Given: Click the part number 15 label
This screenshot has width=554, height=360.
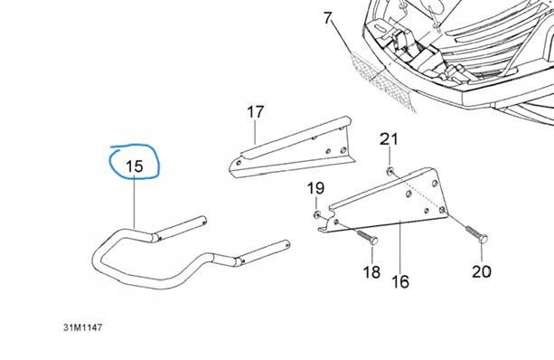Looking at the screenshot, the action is (x=135, y=166).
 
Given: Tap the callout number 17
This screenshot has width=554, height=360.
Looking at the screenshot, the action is (x=256, y=112).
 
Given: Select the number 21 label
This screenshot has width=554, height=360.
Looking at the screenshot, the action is (x=389, y=139).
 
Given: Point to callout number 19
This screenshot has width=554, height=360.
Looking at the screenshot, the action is (x=315, y=188).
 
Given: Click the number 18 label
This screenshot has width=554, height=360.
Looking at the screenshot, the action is (x=371, y=272).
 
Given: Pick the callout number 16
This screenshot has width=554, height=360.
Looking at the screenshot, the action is (x=400, y=282).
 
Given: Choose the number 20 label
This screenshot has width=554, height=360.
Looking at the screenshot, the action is (x=482, y=271).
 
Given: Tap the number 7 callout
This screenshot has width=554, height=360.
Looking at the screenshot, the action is (x=328, y=18).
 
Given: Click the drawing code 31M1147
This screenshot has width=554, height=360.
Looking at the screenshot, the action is (x=82, y=327).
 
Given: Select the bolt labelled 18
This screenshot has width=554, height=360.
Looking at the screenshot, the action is (x=368, y=237).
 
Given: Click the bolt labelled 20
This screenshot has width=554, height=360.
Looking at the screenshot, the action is (x=477, y=233).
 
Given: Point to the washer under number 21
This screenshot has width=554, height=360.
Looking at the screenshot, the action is (x=390, y=172).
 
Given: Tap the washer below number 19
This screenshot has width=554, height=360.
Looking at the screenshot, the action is (x=316, y=214).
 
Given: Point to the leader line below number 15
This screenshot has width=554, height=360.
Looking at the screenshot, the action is (x=135, y=204).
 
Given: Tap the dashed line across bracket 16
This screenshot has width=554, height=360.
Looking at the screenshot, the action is (x=418, y=191).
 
